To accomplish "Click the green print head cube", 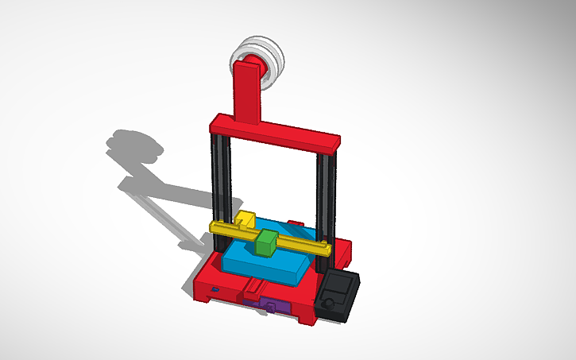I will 267,243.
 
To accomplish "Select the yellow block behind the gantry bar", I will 246,218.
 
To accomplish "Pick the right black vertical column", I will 326,199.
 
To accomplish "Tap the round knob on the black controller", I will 328,304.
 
